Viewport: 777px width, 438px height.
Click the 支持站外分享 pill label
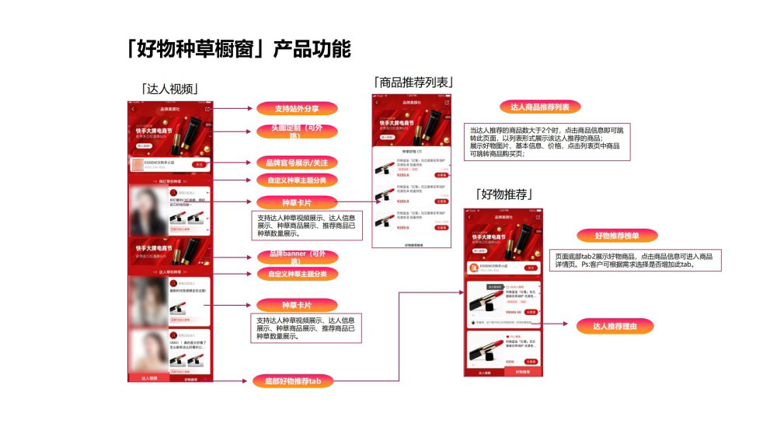point(297,108)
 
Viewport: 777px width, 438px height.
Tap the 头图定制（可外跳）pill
point(297,131)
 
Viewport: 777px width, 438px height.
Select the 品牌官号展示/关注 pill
point(297,163)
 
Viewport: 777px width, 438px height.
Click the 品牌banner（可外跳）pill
point(297,257)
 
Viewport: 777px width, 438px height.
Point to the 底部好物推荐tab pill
point(292,381)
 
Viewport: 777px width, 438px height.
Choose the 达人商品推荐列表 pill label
point(540,107)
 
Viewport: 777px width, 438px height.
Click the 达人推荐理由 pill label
point(615,326)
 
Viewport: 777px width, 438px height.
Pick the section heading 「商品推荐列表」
point(413,82)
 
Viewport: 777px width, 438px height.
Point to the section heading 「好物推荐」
point(503,194)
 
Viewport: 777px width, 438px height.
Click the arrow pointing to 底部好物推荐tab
point(229,380)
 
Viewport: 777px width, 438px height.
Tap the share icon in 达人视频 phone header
point(207,109)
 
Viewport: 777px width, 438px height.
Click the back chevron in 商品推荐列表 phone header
point(377,102)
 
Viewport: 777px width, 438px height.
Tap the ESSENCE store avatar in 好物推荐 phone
point(472,267)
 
